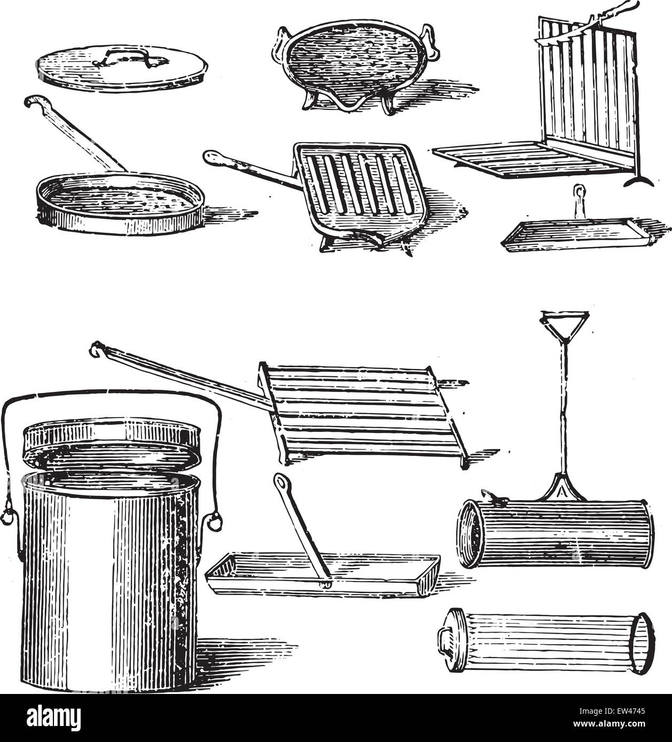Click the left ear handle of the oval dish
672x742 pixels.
pyautogui.click(x=279, y=41)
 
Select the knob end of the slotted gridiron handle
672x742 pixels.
pyautogui.click(x=210, y=156)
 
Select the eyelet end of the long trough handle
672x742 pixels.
pyautogui.click(x=279, y=481)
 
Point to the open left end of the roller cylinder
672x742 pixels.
pyautogui.click(x=469, y=534)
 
